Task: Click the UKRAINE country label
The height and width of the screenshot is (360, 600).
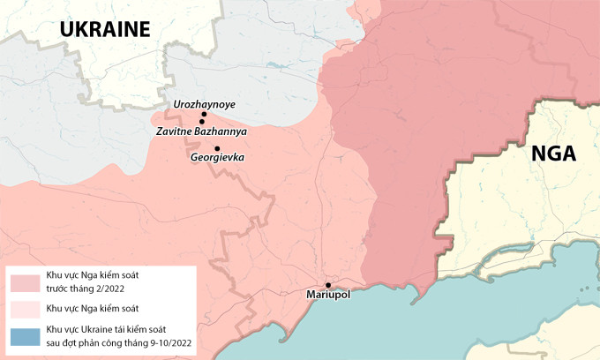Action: click(105, 29)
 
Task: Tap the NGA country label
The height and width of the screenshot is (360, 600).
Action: click(553, 154)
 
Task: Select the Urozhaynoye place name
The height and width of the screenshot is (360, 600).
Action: click(205, 104)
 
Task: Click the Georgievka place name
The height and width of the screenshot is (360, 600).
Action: click(217, 158)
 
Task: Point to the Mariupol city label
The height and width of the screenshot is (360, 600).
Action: click(328, 295)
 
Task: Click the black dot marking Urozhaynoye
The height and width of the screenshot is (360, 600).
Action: click(203, 115)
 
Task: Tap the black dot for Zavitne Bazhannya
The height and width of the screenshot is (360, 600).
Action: click(201, 122)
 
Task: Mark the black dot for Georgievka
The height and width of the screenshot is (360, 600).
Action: click(217, 148)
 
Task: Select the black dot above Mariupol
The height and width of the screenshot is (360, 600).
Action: click(328, 285)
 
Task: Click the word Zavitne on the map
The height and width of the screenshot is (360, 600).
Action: click(175, 131)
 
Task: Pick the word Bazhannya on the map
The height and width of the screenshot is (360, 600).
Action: click(221, 131)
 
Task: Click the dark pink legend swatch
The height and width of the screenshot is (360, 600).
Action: click(25, 281)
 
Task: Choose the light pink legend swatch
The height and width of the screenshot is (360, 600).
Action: click(25, 309)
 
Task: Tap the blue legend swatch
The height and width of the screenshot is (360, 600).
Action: click(25, 335)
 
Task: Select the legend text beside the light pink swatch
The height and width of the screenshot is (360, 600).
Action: click(93, 309)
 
